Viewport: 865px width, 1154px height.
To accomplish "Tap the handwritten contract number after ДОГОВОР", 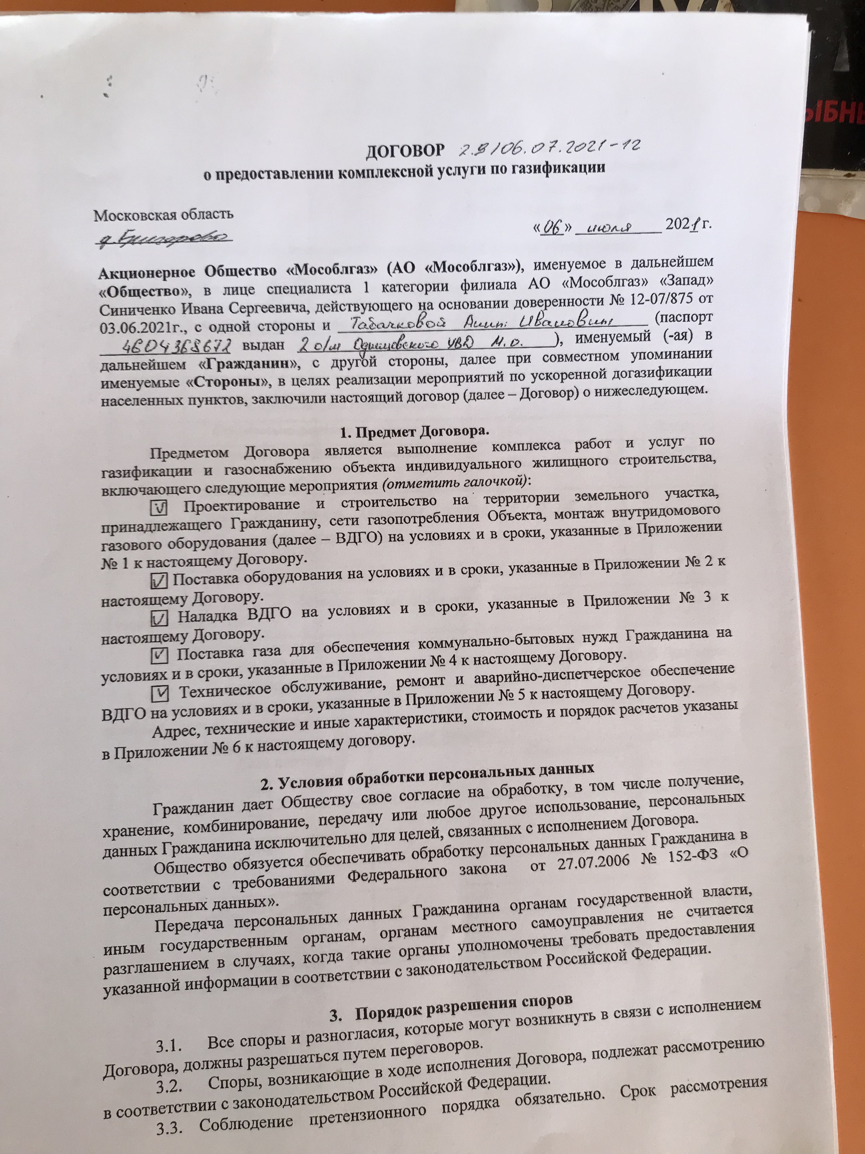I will click(x=549, y=147).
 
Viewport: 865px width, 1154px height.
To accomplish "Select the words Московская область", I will click(x=163, y=214).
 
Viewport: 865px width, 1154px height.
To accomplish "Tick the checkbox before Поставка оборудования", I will click(x=161, y=580).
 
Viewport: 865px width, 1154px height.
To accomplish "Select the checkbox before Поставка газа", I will click(x=160, y=654).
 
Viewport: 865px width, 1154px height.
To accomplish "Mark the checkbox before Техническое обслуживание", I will click(x=161, y=692).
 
